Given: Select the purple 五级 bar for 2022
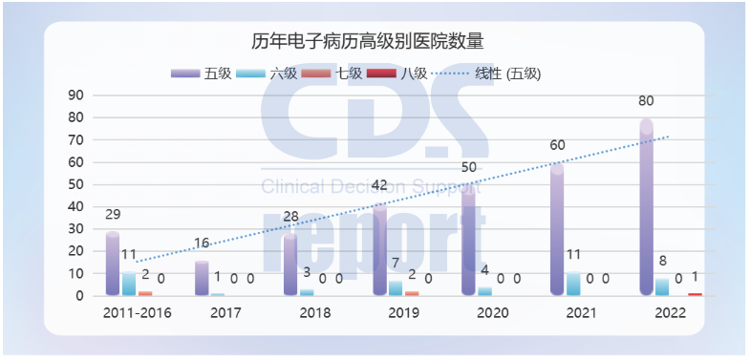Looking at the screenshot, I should pos(647,208).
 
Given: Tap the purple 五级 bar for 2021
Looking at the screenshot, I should pos(557,229).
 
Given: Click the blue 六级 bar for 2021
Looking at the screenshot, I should pos(573,285).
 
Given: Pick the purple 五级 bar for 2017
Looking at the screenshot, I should pos(202,279).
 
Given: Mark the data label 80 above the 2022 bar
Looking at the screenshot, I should pos(647,101).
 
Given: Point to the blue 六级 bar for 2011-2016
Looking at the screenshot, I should pos(129,285).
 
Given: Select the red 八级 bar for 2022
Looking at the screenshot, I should pos(695,294).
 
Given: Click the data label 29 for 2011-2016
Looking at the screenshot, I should pos(113,216).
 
